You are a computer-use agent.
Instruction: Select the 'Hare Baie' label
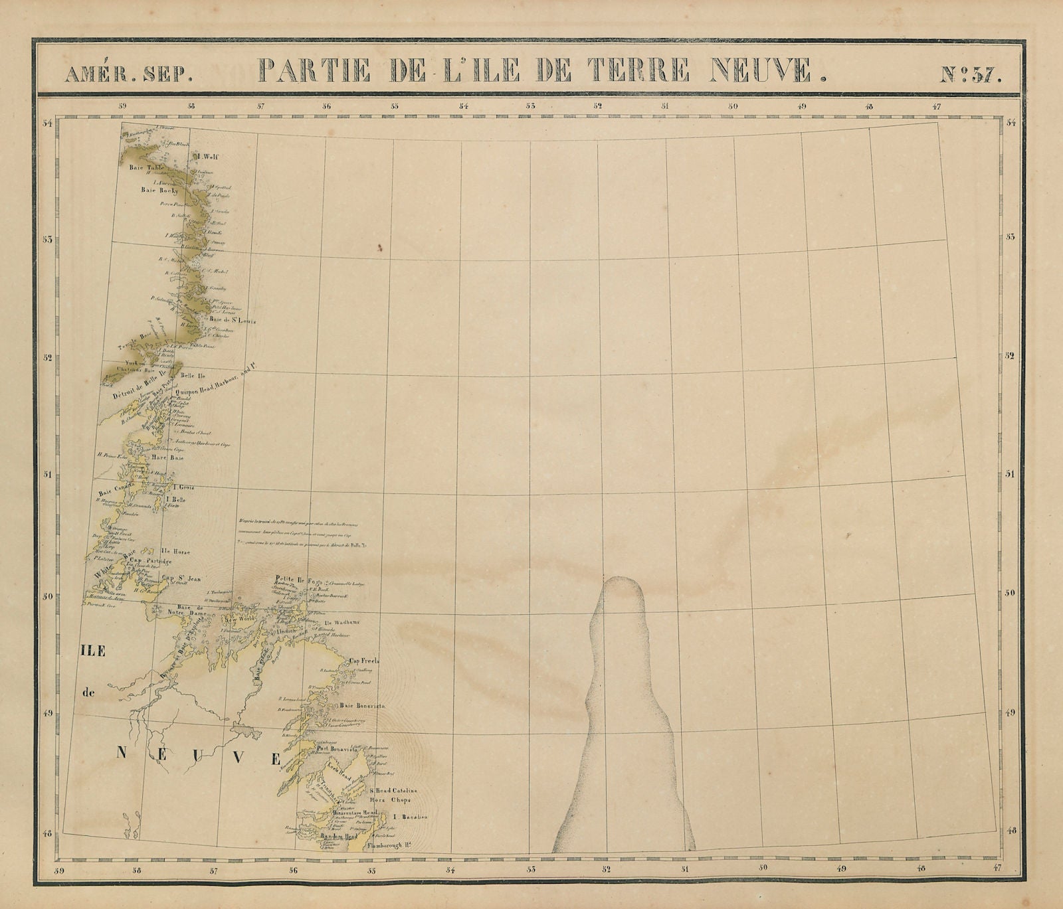(168, 457)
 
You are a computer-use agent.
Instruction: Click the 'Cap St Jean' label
(181, 578)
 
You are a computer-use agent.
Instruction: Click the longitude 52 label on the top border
(598, 105)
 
